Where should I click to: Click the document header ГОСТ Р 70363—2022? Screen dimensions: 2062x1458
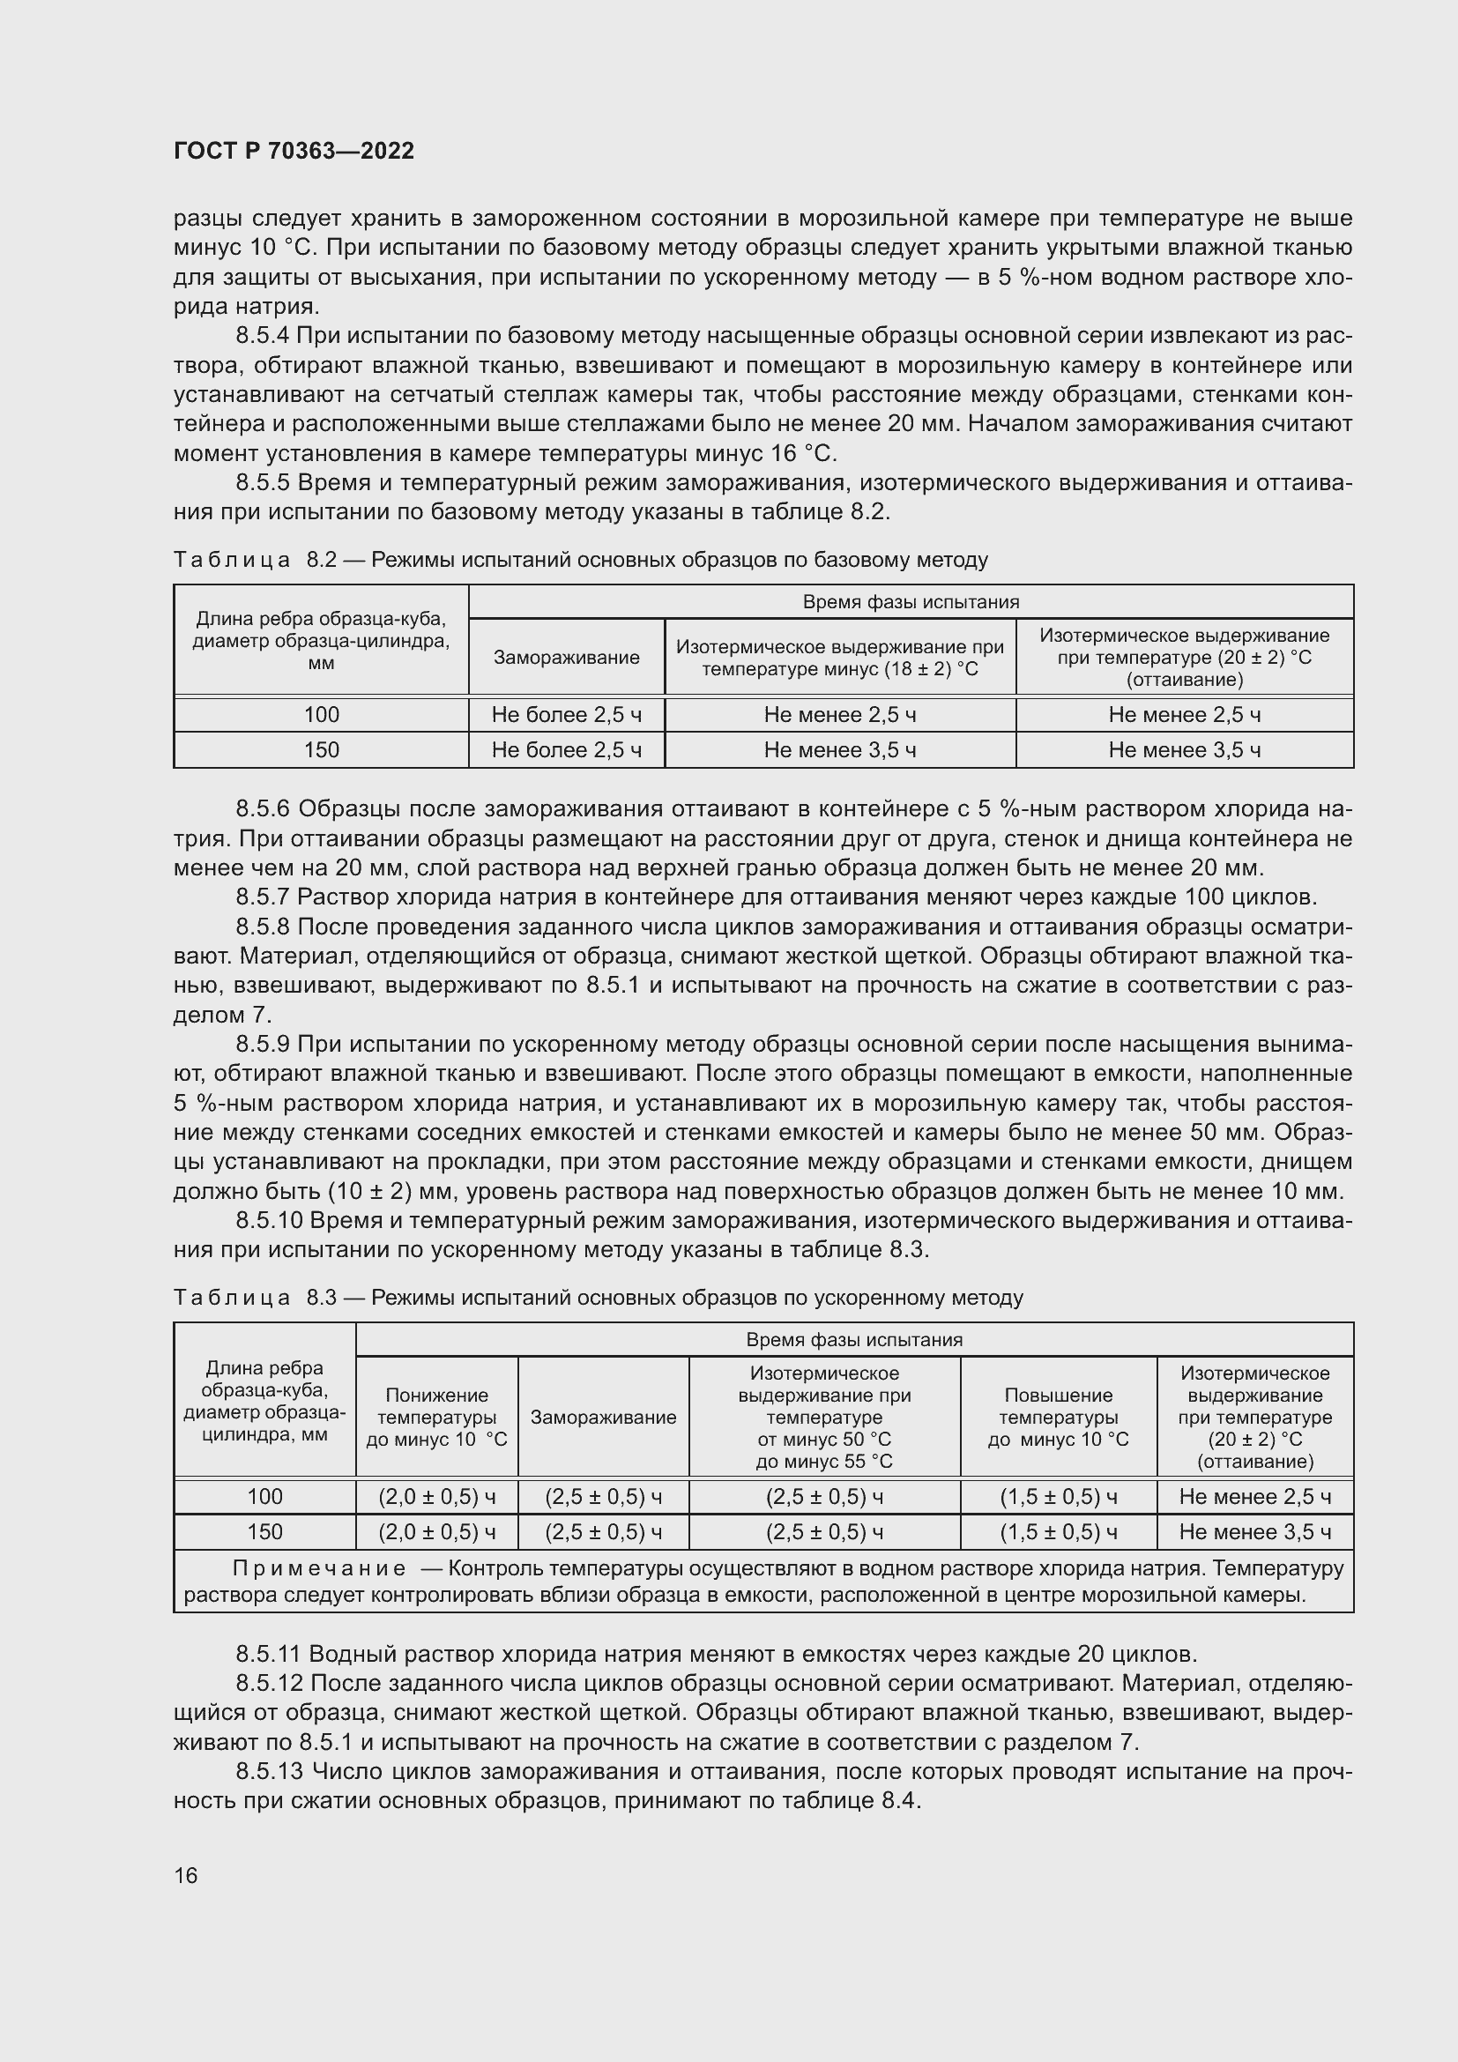tap(294, 151)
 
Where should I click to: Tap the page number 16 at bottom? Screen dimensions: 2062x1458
tap(186, 1875)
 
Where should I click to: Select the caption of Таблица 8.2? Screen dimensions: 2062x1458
tap(580, 560)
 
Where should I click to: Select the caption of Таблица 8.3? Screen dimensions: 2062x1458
tap(598, 1297)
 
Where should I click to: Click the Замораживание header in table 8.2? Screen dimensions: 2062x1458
tap(567, 657)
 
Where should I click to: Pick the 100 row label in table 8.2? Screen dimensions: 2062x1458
tap(322, 715)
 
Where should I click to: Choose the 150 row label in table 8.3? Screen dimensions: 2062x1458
tap(264, 1531)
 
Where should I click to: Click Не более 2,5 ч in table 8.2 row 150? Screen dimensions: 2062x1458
tap(567, 750)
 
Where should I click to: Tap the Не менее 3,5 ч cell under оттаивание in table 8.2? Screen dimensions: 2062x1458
tap(1184, 750)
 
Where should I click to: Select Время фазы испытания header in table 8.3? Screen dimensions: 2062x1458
tap(854, 1339)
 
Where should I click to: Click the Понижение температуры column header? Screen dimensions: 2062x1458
tap(436, 1418)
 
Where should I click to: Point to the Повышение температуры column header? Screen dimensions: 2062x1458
tap(1058, 1418)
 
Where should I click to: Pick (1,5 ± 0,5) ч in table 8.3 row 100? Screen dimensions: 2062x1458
tap(1058, 1496)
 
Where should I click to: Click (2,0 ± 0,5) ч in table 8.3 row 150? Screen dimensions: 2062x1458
tap(436, 1531)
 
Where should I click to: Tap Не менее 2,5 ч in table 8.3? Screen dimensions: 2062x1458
tap(1254, 1496)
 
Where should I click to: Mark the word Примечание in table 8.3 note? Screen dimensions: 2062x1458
tap(319, 1568)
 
